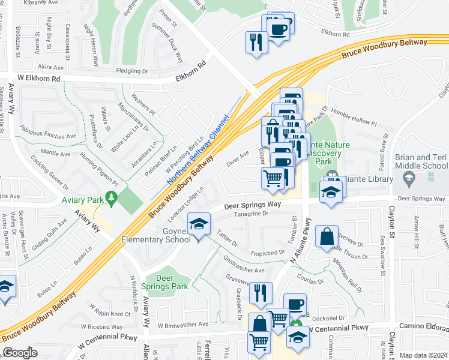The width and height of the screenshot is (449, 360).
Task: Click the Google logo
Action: coord(20,353)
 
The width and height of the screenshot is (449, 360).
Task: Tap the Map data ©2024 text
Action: coord(423,355)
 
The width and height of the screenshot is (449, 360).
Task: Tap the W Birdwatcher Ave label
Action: coord(182,324)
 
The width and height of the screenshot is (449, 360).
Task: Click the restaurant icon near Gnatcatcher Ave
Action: coord(261,292)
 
